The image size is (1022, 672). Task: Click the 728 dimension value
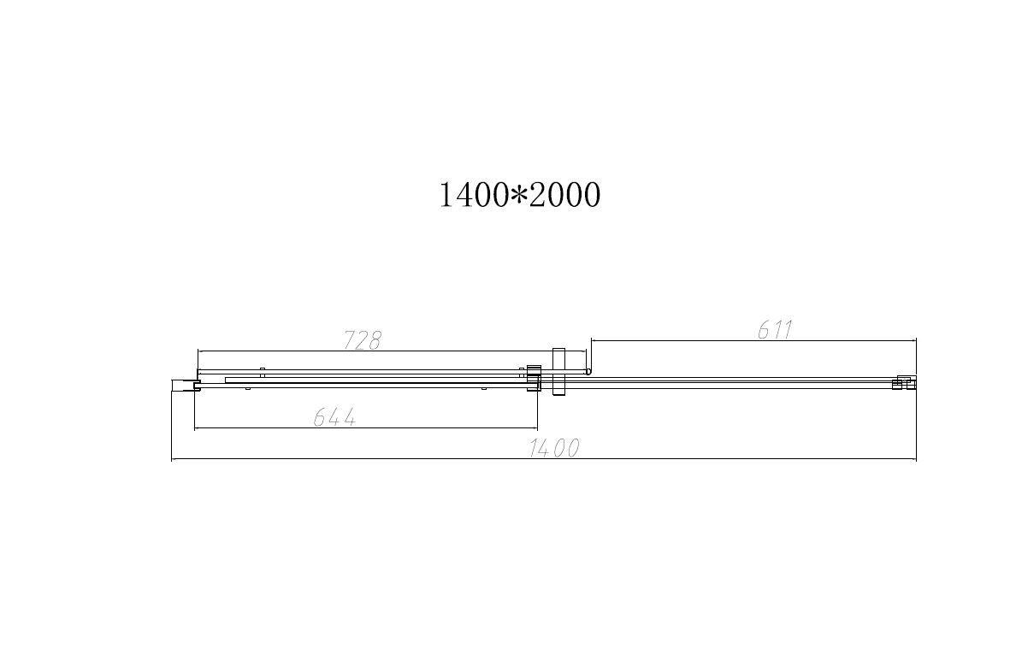coord(362,340)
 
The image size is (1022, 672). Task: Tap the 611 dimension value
coord(776,329)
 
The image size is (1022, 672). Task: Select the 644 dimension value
coord(334,417)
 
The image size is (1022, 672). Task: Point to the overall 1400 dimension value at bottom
coord(554,448)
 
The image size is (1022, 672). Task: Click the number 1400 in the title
coord(473,195)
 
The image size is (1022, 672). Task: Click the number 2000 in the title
coord(564,195)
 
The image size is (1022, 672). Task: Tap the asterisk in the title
coord(519,196)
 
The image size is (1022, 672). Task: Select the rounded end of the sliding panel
coord(588,371)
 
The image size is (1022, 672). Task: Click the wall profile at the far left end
coord(183,386)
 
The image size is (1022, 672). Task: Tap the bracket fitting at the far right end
coord(903,382)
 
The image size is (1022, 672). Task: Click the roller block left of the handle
coord(534,377)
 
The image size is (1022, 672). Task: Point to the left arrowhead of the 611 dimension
coord(594,340)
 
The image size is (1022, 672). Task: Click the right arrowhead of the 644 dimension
coord(535,427)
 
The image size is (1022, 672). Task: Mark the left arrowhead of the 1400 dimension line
coord(174,459)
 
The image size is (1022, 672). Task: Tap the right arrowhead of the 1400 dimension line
coord(913,459)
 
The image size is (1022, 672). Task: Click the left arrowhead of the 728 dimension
coord(199,351)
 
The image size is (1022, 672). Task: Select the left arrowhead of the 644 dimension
coord(197,427)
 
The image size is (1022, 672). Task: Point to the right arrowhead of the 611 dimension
coord(913,340)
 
